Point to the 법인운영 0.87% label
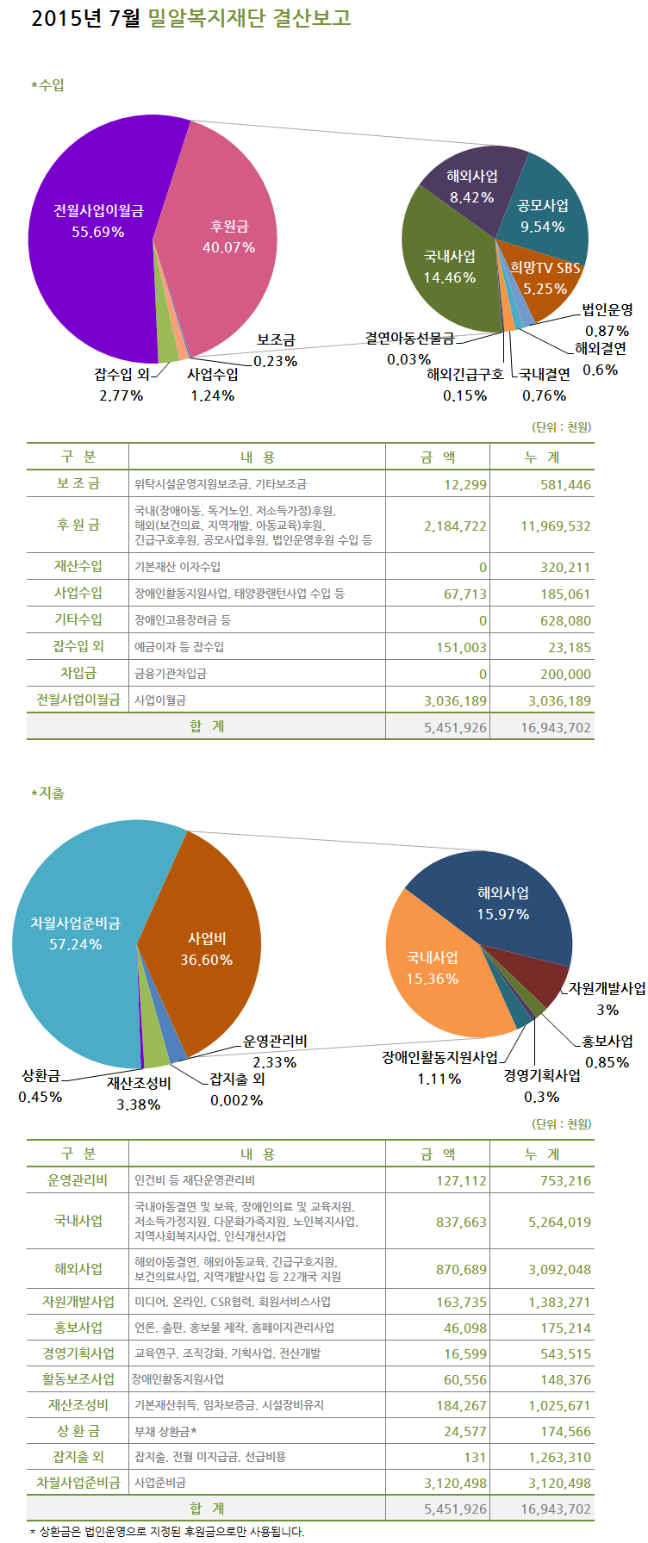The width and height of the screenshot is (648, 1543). (x=607, y=320)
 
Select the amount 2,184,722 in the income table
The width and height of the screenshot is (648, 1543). (x=455, y=526)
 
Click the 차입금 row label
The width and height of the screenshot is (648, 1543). (x=78, y=674)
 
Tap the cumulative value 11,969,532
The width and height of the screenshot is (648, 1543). (x=556, y=526)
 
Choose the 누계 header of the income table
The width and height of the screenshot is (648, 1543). (x=541, y=457)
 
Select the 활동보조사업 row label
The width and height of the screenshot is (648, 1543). (x=78, y=1379)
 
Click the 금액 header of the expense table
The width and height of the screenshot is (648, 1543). (x=437, y=1154)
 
